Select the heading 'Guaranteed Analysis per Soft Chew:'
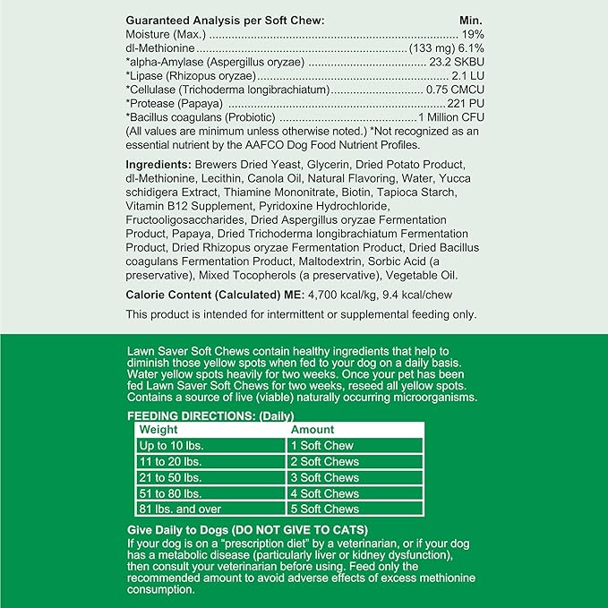[225, 20]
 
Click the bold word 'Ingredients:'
[158, 165]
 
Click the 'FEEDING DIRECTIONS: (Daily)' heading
[211, 416]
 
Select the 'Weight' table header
[158, 430]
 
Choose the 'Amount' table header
[313, 430]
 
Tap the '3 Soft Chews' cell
[324, 477]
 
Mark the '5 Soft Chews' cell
[324, 509]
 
